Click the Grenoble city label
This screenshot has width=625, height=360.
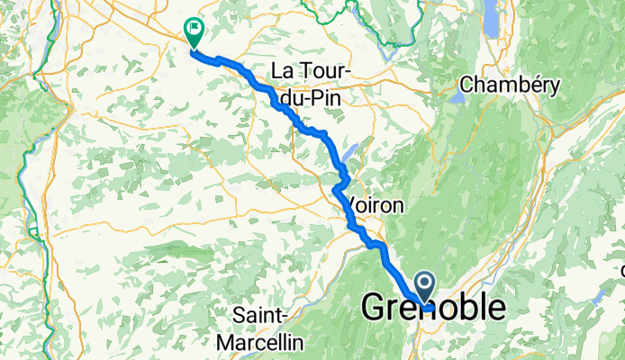coord(433,308)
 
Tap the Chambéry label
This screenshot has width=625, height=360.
coord(510,85)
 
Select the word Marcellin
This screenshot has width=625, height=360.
coord(261,342)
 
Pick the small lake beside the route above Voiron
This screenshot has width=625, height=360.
coord(349,153)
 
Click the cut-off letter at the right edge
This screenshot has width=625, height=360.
coord(621,269)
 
